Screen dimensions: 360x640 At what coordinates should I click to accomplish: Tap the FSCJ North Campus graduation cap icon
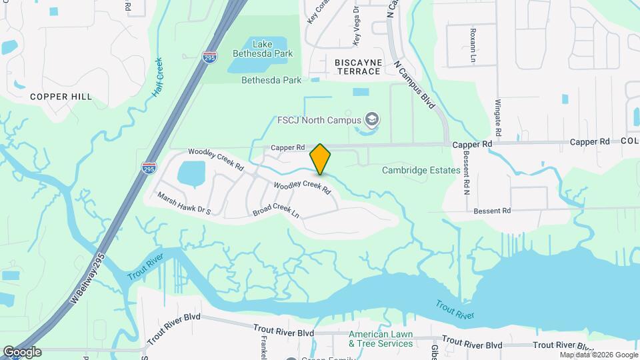(372, 121)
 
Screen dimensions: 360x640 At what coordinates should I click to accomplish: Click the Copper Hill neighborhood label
(61, 97)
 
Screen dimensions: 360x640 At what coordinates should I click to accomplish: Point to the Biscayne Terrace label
(358, 67)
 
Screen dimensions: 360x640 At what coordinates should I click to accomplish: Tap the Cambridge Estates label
(421, 170)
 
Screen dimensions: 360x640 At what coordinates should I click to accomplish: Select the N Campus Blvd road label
(415, 85)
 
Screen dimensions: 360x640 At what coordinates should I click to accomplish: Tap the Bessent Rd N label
(466, 173)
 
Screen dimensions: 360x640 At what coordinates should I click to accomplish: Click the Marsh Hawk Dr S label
(184, 203)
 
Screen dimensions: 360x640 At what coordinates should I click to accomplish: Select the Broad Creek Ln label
(276, 211)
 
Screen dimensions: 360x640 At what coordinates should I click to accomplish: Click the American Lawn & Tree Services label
(381, 339)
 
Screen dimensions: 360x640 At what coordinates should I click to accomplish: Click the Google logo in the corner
(21, 352)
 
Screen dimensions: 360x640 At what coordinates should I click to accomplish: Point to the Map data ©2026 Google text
(598, 355)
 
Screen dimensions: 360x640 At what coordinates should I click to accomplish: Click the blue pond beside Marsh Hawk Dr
(192, 173)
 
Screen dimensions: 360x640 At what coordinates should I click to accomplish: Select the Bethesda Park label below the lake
(271, 80)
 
